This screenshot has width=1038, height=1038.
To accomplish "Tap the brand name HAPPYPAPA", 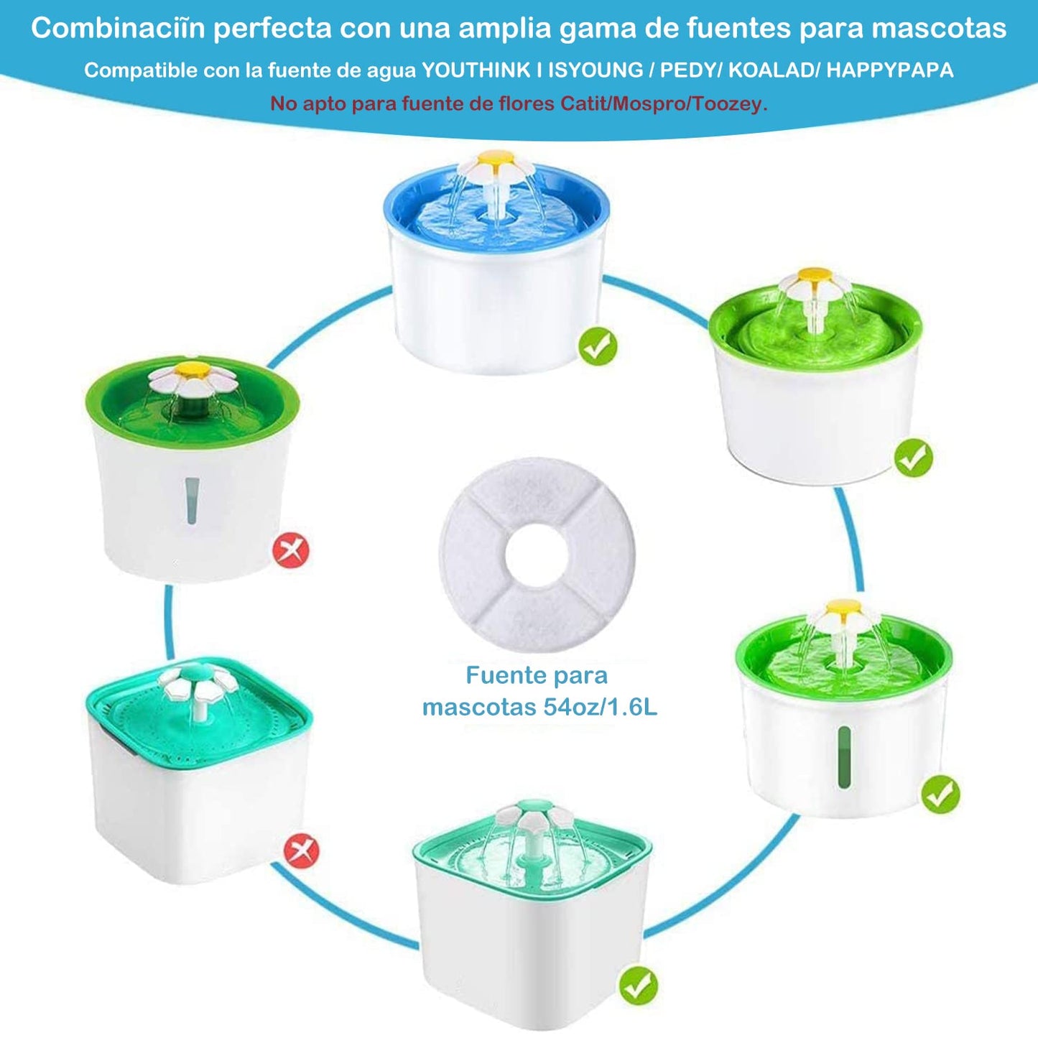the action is coord(890,70).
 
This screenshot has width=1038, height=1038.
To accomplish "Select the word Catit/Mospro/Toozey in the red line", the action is coord(664,103).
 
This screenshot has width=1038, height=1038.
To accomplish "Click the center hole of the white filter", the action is coord(536,555).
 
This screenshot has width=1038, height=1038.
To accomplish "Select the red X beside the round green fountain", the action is coord(292,550).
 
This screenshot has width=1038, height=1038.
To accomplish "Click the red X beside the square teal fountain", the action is coord(301,852).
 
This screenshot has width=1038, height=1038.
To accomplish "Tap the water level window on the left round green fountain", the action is coord(193,501).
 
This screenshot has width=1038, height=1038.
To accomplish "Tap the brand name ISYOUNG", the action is coord(596,70).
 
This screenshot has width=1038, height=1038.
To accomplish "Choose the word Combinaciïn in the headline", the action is coord(118,29).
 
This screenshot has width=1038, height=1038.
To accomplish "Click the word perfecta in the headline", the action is coord(272,29).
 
